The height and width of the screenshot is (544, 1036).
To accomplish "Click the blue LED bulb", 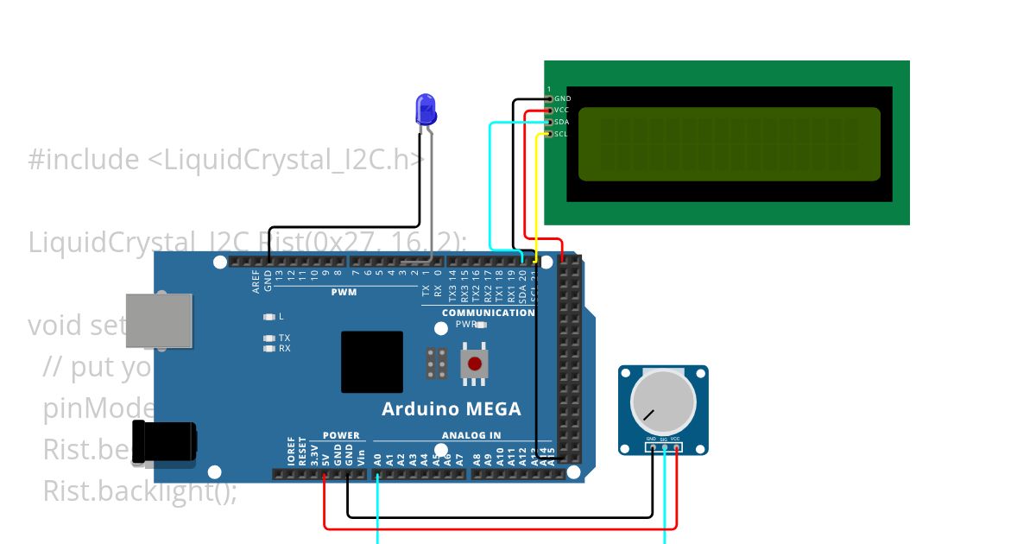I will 426,109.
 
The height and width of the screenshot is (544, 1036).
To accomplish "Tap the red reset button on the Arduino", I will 474,364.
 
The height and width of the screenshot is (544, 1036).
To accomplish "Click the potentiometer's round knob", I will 662,402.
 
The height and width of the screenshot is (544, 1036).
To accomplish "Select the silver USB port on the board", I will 159,320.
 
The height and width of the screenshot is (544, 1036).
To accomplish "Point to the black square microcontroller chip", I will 371,362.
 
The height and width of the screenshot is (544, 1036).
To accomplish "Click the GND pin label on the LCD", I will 563,99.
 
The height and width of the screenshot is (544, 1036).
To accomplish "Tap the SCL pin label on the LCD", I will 561,134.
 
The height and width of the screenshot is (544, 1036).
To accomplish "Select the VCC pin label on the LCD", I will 562,111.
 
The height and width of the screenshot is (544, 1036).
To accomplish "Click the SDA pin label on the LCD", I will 562,122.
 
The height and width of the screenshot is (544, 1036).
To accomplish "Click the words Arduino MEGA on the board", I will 452,409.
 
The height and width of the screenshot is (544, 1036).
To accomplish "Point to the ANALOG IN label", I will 471,436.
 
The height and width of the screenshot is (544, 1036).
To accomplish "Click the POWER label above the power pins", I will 341,436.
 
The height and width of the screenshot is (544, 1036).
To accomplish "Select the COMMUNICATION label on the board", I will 488,313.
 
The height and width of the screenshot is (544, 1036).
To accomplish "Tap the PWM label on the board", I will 344,293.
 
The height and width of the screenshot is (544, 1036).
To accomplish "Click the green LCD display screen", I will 729,144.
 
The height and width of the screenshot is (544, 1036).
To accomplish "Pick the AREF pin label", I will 256,281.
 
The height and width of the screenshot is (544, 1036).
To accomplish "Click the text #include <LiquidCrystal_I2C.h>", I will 226,160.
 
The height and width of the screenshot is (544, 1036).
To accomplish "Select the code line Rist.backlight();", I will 140,491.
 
